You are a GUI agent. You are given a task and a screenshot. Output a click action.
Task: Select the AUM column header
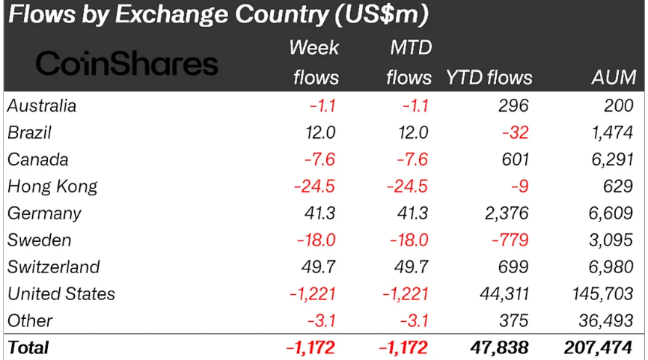[612, 77]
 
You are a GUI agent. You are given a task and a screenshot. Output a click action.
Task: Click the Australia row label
[42, 106]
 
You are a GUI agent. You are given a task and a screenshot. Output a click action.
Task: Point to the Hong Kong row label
[52, 186]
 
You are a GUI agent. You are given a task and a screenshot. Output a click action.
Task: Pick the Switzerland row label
[53, 267]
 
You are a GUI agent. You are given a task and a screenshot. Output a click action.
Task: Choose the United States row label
[61, 294]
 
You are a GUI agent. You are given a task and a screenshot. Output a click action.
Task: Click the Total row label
[28, 347]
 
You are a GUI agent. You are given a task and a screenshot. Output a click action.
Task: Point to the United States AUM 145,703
[604, 294]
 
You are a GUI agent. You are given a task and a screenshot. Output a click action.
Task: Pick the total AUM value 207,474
[600, 347]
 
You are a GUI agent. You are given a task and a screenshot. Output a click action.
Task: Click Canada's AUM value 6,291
[613, 159]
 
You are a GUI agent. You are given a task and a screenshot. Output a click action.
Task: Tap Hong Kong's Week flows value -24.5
[314, 186]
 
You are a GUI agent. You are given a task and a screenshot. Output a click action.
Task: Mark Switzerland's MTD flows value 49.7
[411, 267]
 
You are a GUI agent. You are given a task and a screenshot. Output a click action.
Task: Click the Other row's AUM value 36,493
[608, 320]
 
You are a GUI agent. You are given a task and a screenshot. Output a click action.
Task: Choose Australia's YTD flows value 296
[515, 106]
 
